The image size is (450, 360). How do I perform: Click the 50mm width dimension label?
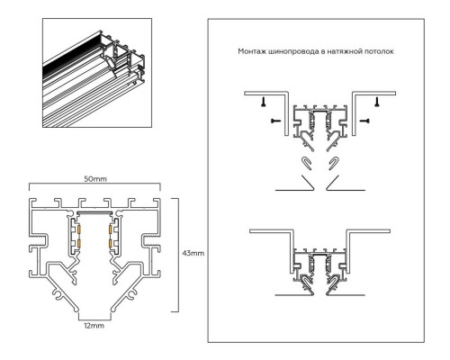(95, 179)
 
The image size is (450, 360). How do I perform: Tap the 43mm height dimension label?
(193, 253)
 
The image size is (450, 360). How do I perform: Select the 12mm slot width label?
(94, 326)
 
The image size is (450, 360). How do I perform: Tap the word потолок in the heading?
(379, 51)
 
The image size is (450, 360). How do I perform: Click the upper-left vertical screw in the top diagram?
(264, 102)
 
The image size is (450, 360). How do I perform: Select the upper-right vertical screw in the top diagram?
(377, 102)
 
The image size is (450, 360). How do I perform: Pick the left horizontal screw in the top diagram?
(276, 121)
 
